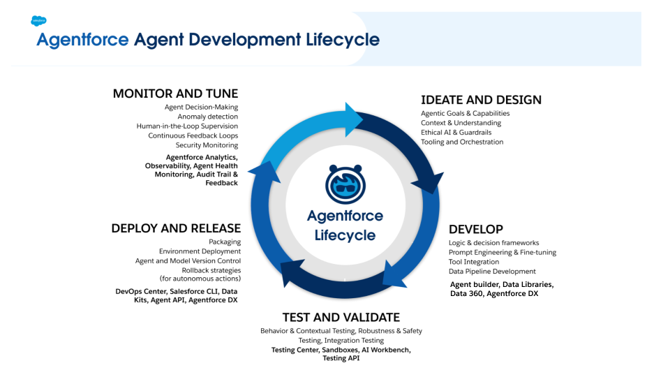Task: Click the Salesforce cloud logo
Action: (38, 21)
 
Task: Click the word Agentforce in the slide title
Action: (82, 40)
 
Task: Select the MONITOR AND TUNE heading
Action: (175, 94)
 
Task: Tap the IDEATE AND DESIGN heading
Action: (481, 100)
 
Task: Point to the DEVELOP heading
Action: (476, 229)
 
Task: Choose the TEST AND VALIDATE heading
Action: (341, 317)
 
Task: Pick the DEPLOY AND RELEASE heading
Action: (176, 228)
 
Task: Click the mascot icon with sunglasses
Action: (345, 184)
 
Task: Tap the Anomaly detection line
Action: (207, 117)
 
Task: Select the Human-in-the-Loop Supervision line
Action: (187, 126)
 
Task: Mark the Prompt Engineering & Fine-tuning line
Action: (502, 253)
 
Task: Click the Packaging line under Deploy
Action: (224, 242)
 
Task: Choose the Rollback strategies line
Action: (211, 270)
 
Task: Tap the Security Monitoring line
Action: (207, 145)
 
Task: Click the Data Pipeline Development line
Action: (492, 272)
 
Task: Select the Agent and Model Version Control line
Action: (188, 261)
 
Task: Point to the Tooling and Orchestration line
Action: (461, 142)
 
